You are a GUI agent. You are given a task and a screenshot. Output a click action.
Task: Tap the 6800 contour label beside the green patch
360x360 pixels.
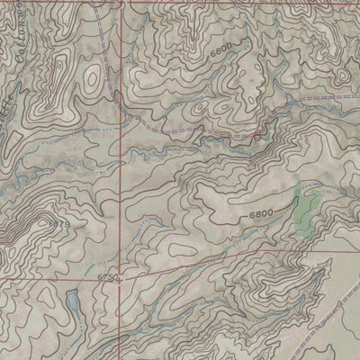pyautogui.click(x=261, y=213)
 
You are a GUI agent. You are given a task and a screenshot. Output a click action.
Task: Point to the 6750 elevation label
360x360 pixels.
pyautogui.click(x=107, y=280)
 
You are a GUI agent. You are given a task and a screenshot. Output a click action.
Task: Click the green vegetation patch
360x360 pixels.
pyautogui.click(x=306, y=209)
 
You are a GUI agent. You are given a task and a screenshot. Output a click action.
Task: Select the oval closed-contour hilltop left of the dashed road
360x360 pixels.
pyautogui.click(x=92, y=79)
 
